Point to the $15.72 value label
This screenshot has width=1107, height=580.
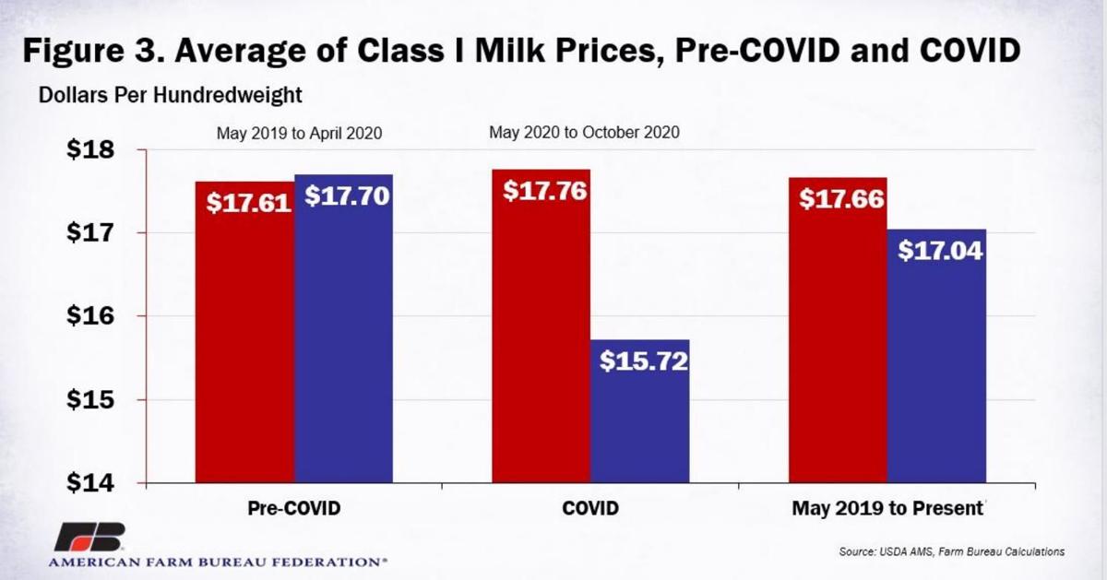(x=643, y=361)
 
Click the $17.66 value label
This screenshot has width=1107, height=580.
(x=841, y=199)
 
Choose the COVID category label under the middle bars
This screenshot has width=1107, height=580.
(x=589, y=508)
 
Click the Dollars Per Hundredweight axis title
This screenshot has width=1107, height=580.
(x=171, y=94)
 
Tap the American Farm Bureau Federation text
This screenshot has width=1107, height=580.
(x=218, y=561)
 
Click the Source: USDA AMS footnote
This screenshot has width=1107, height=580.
(x=951, y=551)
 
